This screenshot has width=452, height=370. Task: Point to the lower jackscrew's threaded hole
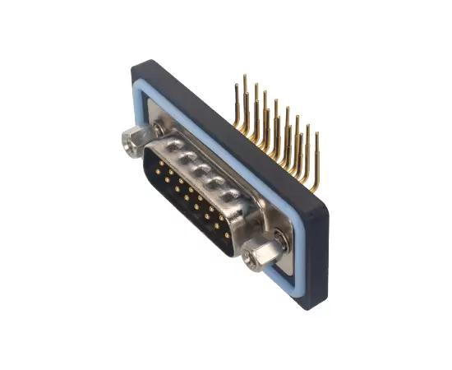(249, 264)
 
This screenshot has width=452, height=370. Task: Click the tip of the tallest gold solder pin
(244, 76)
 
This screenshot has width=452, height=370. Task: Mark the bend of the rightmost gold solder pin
(313, 183)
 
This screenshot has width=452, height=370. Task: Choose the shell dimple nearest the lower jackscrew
(233, 195)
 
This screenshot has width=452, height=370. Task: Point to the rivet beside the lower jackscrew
(281, 238)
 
